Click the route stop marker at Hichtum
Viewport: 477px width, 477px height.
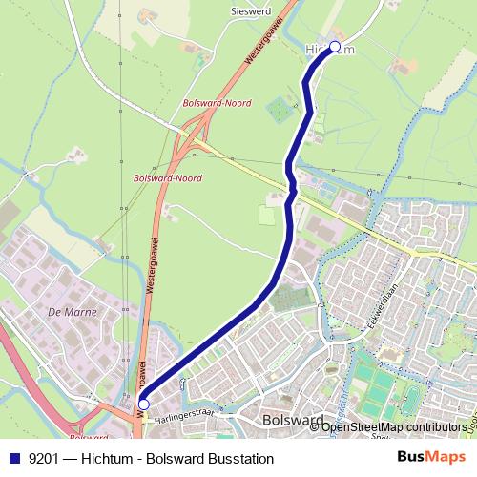[334, 46]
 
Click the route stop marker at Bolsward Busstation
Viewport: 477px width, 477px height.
[143, 404]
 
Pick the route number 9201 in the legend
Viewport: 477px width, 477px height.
[41, 459]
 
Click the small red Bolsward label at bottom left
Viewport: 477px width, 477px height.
[89, 437]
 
